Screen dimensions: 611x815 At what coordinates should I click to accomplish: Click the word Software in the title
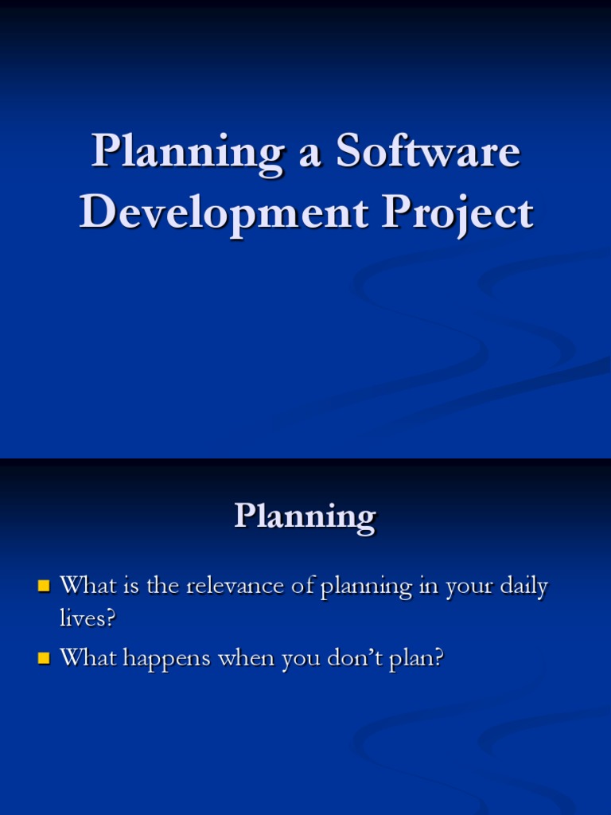tap(428, 150)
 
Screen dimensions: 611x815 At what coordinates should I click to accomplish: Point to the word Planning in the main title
tap(188, 154)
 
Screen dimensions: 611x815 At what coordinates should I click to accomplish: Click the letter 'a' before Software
tap(309, 155)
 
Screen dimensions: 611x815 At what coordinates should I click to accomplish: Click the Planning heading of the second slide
tap(305, 517)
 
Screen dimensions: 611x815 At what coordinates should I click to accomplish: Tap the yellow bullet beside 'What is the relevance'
tap(44, 587)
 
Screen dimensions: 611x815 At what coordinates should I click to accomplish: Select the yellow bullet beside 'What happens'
tap(44, 658)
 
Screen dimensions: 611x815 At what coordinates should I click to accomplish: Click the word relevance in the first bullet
tap(235, 586)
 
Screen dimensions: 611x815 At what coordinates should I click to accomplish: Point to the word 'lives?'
tap(88, 618)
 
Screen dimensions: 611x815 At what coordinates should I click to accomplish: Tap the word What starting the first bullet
tap(88, 585)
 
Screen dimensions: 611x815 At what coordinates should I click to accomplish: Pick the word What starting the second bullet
tap(88, 657)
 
